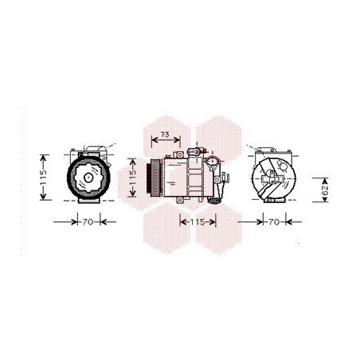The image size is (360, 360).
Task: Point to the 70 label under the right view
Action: click(274, 221)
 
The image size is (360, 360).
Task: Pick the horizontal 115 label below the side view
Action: click(194, 221)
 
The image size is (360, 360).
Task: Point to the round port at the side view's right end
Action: click(213, 162)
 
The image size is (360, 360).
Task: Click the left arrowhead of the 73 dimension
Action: click(153, 141)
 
